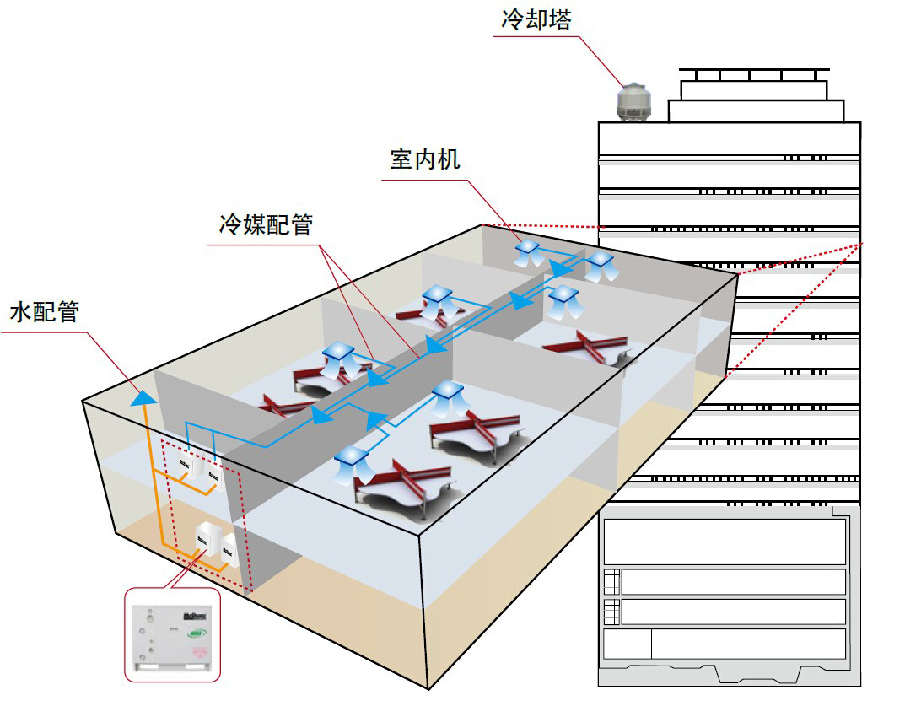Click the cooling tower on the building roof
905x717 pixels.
tap(633, 102)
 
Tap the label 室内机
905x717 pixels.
tap(425, 159)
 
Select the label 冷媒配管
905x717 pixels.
tap(266, 225)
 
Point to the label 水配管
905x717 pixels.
tap(45, 312)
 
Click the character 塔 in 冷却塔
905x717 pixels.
tap(560, 19)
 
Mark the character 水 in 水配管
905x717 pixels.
tap(21, 312)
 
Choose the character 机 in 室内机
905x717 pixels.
tap(449, 159)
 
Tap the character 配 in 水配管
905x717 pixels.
tap(45, 312)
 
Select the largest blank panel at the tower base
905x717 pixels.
tap(724, 541)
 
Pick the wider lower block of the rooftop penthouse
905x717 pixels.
tap(756, 111)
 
